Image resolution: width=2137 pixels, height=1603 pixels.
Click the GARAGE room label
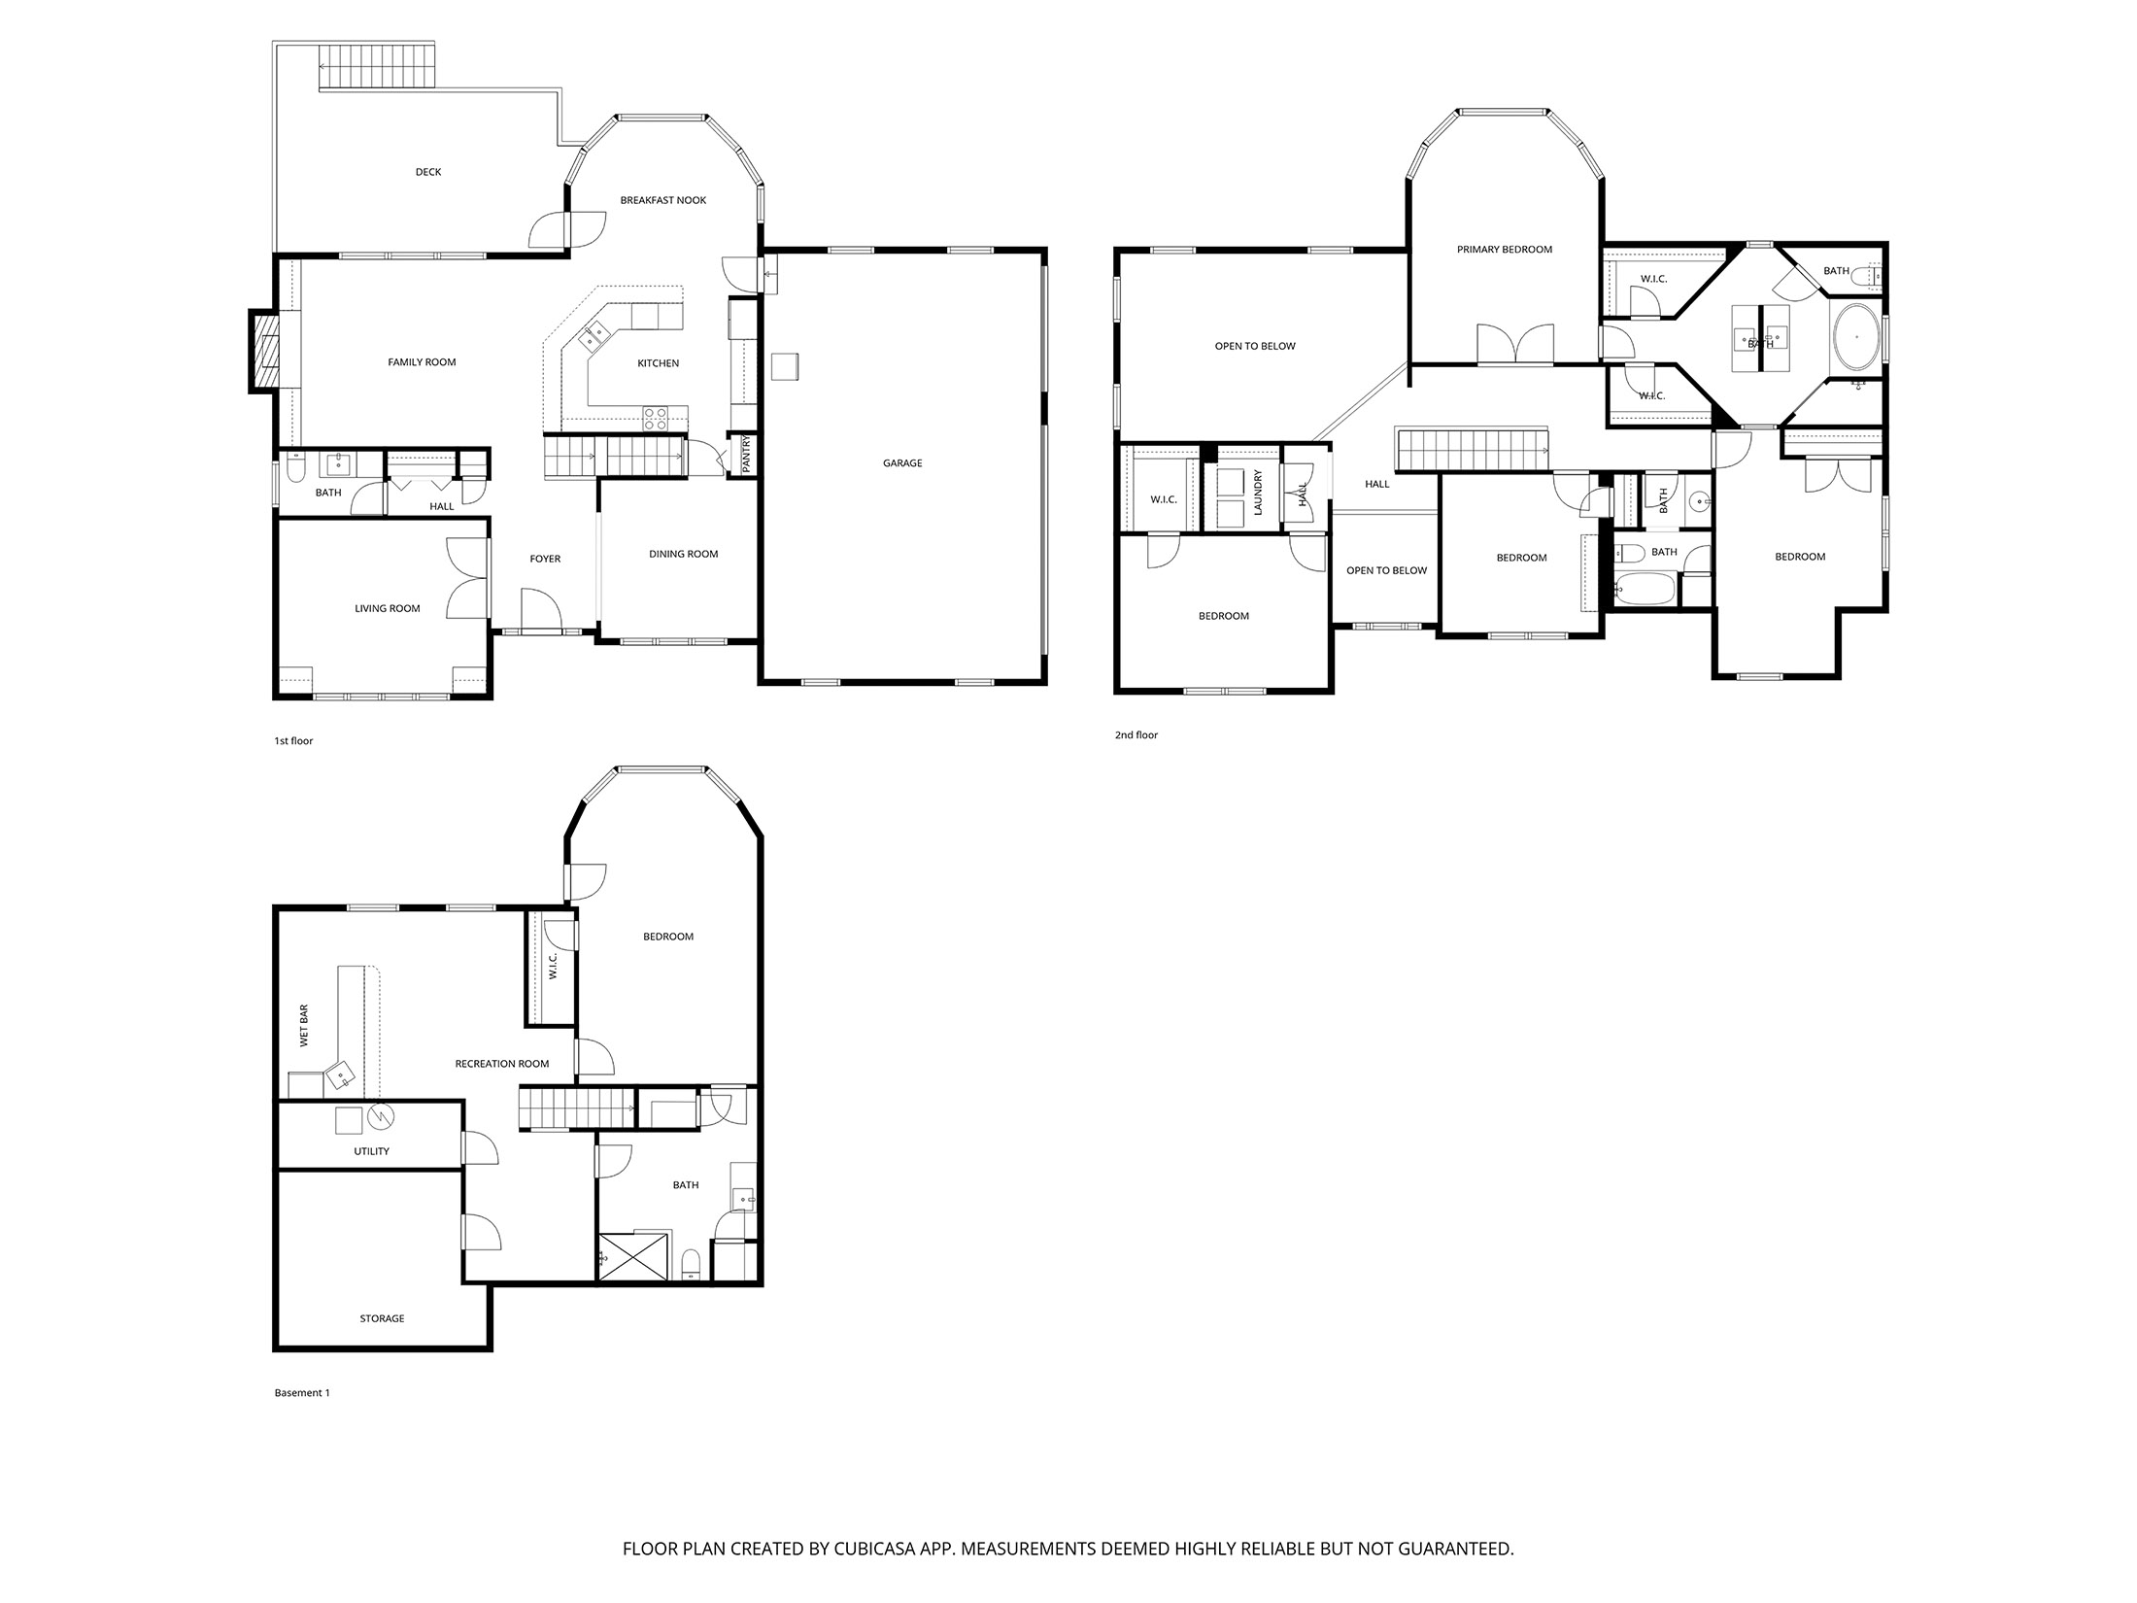pos(901,463)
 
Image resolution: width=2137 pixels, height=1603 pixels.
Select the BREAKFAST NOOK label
pos(662,200)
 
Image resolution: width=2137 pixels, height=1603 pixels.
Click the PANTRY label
pos(746,455)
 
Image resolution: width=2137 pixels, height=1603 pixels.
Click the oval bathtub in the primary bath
pos(1855,337)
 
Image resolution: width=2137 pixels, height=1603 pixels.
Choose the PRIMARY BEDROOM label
pos(1504,250)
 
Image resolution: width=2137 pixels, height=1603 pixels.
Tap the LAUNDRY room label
pos(1257,493)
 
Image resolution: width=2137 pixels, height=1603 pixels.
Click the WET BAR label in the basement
pos(304,1026)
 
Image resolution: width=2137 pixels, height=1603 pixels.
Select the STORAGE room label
pos(382,1318)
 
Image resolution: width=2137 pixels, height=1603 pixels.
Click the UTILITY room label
pos(371,1151)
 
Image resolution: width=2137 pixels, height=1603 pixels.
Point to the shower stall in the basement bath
pos(633,1256)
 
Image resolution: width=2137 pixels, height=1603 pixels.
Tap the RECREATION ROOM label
pos(501,1064)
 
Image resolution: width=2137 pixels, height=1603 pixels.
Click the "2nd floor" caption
pos(1136,735)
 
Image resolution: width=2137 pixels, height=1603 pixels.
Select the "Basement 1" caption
pos(302,1393)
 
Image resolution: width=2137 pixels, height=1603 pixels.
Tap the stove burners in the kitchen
pos(656,419)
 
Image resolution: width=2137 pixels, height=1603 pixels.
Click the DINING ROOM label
pos(683,554)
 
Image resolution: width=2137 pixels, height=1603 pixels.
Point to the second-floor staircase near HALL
pos(1471,450)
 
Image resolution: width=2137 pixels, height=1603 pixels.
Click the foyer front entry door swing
pos(541,609)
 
